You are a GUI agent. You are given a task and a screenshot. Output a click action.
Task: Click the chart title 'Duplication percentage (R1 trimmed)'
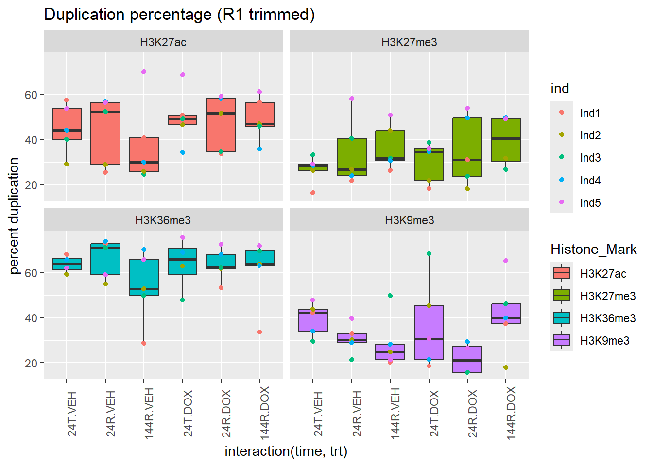[x=179, y=15]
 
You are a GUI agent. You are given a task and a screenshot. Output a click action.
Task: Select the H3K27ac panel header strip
[x=163, y=42]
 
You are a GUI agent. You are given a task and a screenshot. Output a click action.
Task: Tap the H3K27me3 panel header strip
[x=409, y=42]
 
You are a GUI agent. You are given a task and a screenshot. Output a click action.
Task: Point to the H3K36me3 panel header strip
[x=163, y=220]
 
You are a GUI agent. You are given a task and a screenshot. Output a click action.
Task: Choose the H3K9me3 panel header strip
[x=409, y=220]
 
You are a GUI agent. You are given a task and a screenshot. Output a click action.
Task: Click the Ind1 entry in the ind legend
[x=590, y=113]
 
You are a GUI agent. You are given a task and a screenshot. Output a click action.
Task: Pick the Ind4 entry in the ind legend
[x=590, y=181]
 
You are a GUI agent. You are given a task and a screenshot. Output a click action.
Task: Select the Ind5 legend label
[x=590, y=203]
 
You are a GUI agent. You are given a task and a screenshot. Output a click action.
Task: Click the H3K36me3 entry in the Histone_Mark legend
[x=607, y=318]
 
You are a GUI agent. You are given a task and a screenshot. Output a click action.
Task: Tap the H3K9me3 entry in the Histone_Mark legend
[x=604, y=341]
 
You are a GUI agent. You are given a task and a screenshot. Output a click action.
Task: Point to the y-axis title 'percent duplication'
[x=14, y=216]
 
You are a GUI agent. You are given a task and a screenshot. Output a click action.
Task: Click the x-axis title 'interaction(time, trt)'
[x=286, y=451]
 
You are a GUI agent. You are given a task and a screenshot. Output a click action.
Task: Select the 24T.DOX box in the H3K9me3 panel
[x=429, y=332]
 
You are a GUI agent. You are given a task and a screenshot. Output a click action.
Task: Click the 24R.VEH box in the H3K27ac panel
[x=105, y=133]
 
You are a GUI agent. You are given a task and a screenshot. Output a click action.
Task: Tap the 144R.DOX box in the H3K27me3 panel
[x=506, y=140]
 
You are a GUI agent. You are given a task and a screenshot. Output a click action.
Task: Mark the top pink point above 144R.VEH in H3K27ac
[x=144, y=72]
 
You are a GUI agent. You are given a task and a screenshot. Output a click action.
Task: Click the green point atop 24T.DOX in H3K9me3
[x=429, y=253]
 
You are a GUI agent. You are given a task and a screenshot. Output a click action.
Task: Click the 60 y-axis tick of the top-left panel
[x=31, y=95]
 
